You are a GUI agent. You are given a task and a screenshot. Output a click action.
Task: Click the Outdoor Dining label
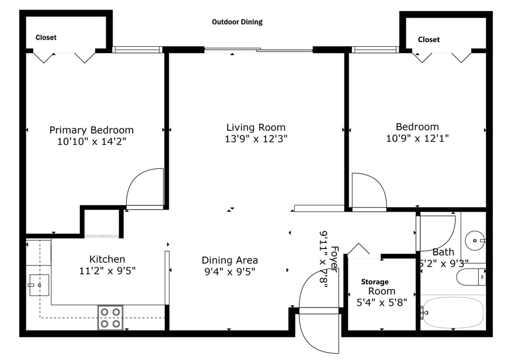point(237,22)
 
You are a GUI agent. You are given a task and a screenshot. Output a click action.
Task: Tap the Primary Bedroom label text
point(92,130)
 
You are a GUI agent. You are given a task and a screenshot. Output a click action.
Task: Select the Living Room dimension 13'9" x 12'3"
point(256,139)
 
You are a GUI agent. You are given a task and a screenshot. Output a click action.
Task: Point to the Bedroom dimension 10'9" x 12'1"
point(417,139)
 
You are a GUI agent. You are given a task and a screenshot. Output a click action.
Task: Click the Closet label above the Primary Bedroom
point(46,37)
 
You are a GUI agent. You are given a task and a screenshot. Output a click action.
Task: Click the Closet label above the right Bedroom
point(429,39)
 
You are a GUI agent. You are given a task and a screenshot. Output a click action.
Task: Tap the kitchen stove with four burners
point(110,317)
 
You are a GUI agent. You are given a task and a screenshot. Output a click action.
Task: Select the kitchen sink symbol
point(38,284)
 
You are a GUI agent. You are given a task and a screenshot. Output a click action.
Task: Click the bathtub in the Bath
point(453,313)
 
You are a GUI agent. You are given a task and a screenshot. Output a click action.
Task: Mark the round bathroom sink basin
point(476,241)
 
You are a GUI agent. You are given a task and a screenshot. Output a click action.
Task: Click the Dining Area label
point(230,260)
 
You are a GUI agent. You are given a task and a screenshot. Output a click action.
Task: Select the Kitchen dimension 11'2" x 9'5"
point(107,271)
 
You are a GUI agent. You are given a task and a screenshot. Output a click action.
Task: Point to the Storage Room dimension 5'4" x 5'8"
point(381,302)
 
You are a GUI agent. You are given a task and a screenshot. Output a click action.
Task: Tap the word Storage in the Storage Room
point(375,282)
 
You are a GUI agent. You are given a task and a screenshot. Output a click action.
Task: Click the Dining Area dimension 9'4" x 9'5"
point(230,272)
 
